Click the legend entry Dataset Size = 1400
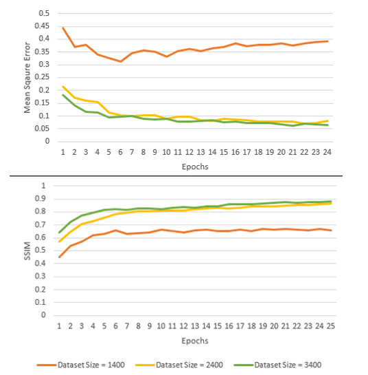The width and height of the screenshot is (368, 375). coord(80,365)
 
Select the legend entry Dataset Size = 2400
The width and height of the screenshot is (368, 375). coord(179,365)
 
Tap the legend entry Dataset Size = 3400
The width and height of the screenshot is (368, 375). coord(277,365)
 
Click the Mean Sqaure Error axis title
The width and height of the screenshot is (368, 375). coord(27,78)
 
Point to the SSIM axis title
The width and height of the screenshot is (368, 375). coord(27,251)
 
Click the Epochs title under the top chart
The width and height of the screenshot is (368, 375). coord(195,167)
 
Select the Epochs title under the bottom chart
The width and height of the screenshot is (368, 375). coord(195,341)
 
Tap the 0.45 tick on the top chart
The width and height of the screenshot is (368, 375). coord(42,26)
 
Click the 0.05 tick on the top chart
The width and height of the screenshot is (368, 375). coord(42,129)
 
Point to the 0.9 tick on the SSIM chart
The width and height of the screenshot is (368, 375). coord(40,198)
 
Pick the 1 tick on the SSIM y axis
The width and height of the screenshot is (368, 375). coord(43,186)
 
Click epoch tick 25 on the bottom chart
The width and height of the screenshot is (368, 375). coord(330,326)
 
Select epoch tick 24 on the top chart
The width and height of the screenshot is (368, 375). coord(327,152)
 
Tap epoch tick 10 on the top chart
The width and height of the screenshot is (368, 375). coord(166,152)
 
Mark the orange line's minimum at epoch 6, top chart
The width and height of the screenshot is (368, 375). coord(121,61)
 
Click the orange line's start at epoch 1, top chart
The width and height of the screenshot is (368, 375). coord(63,28)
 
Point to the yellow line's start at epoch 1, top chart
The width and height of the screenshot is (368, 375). coord(63,87)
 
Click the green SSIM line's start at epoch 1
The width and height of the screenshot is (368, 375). coord(59,233)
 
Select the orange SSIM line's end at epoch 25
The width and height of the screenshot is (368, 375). coord(331,231)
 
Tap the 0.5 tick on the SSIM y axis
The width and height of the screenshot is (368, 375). coord(40,250)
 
